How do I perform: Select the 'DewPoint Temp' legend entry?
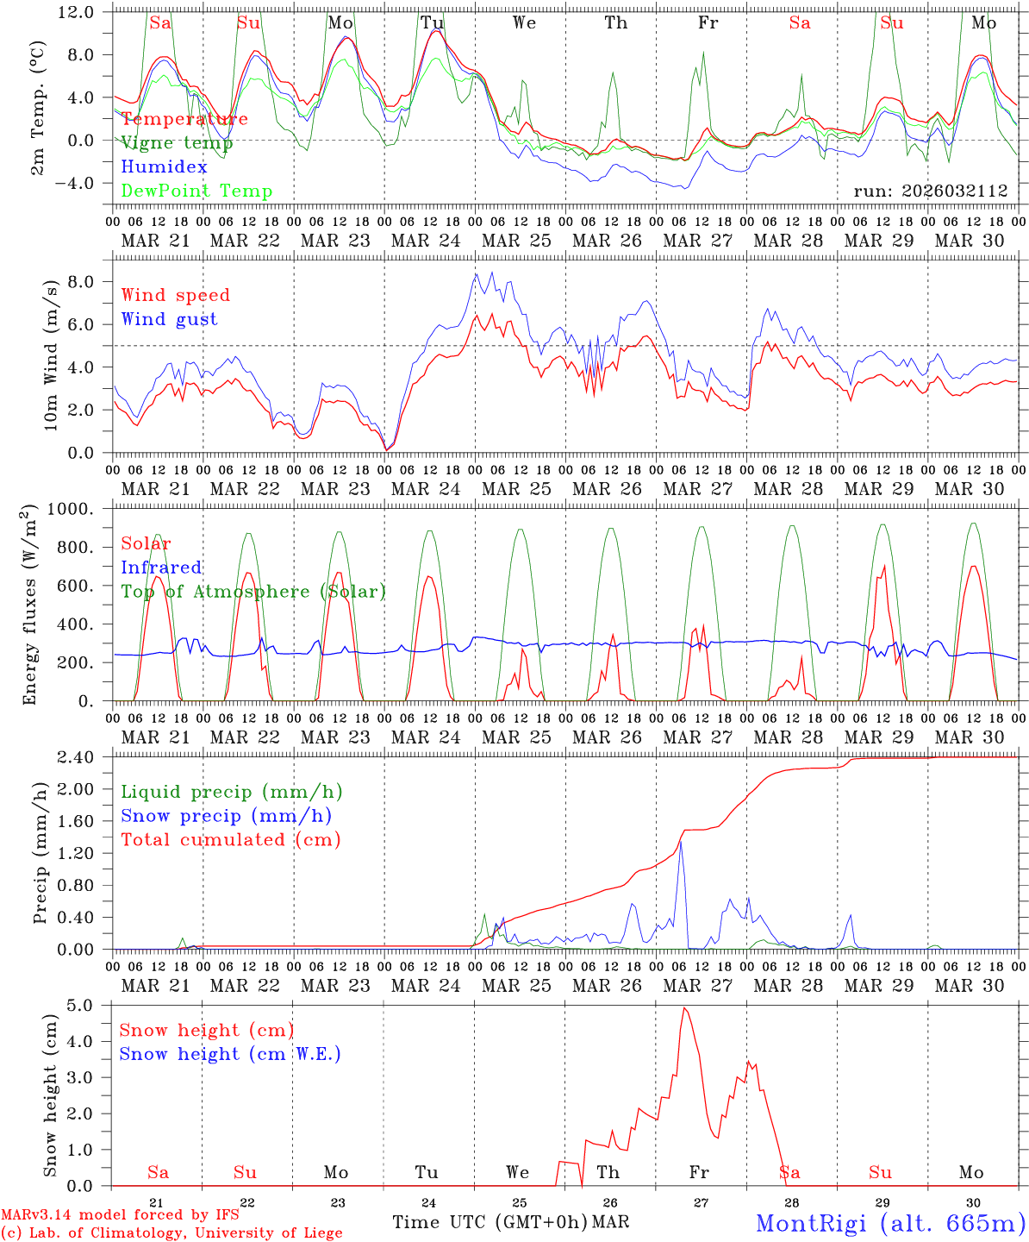tap(196, 191)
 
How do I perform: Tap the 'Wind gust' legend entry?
tap(169, 319)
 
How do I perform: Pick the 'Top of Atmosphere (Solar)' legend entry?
tap(253, 592)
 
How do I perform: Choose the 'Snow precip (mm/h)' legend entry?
tap(226, 816)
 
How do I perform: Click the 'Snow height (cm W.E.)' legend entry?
tap(229, 1054)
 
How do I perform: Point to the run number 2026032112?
tap(931, 191)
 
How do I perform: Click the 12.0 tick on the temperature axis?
tap(75, 12)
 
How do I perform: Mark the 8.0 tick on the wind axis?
tap(83, 282)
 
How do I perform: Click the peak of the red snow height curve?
tap(684, 1008)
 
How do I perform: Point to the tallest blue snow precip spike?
tap(681, 842)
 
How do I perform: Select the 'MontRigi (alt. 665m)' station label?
tap(890, 1222)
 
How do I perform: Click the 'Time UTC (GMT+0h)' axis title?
tap(490, 1222)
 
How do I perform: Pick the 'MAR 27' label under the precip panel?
tap(698, 985)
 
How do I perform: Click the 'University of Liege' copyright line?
tap(172, 1233)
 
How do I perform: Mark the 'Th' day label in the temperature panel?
tap(616, 23)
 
